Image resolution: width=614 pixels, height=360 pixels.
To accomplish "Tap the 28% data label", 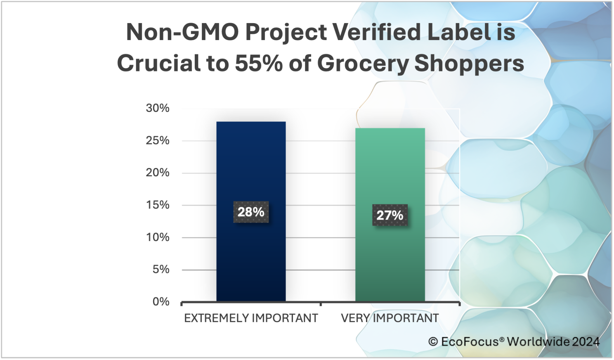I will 251,212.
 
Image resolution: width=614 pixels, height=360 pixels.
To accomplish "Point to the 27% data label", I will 390,215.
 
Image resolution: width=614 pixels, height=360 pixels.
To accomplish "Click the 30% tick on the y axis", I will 158,108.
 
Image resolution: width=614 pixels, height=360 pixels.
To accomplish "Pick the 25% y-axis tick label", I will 158,141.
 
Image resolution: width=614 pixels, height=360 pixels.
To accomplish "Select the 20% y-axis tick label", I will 158,173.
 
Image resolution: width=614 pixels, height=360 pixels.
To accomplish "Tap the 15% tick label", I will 158,205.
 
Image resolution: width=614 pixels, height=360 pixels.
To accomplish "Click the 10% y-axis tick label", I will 158,237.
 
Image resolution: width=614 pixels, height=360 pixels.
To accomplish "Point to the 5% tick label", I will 161,270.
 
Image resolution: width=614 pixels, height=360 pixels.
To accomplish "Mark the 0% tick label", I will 161,302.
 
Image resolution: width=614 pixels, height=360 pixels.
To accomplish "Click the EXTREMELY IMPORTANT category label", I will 251,318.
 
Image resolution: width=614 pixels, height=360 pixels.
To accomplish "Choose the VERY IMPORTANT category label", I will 390,318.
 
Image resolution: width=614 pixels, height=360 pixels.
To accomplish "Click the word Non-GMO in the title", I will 182,32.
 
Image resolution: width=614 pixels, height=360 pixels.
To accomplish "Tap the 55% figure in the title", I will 258,64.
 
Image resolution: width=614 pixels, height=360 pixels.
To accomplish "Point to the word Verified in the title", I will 377,32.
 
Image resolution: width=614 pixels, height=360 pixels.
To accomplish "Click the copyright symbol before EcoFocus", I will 433,342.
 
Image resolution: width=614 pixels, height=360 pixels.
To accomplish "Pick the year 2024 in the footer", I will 586,342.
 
